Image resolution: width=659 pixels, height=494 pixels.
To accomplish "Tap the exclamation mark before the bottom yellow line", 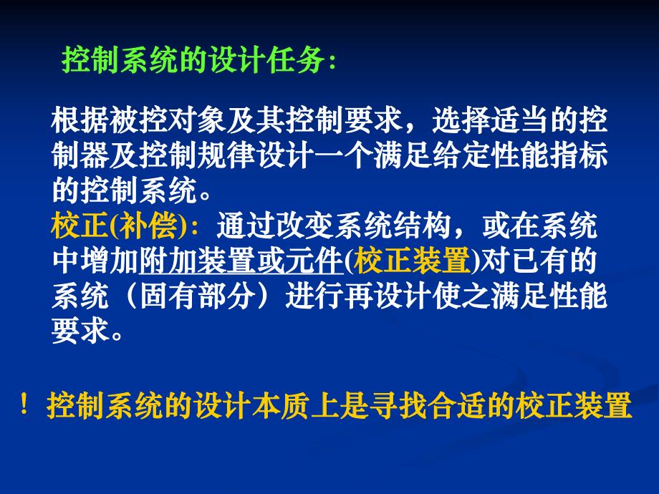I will coord(25,406).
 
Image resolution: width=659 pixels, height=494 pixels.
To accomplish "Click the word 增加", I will coord(107,262).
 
